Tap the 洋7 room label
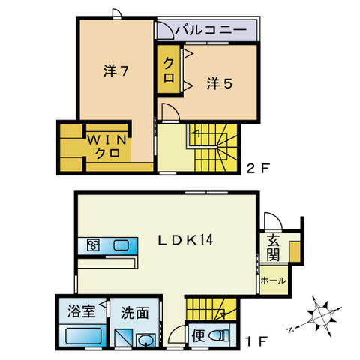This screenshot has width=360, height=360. (116, 73)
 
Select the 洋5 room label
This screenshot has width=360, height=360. (219, 83)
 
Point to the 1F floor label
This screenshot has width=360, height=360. (256, 342)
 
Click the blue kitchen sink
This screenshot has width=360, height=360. (121, 244)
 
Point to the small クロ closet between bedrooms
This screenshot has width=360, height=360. (169, 68)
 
